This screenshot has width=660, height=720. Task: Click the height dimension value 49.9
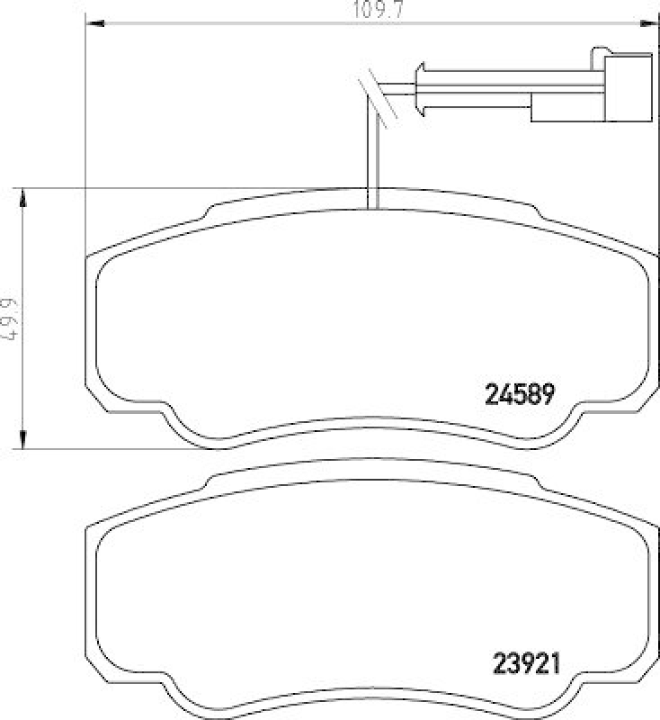click(10, 319)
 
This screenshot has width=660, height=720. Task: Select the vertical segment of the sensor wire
click(373, 153)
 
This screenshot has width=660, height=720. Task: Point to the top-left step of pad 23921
click(212, 483)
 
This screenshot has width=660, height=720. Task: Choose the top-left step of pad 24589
click(212, 212)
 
